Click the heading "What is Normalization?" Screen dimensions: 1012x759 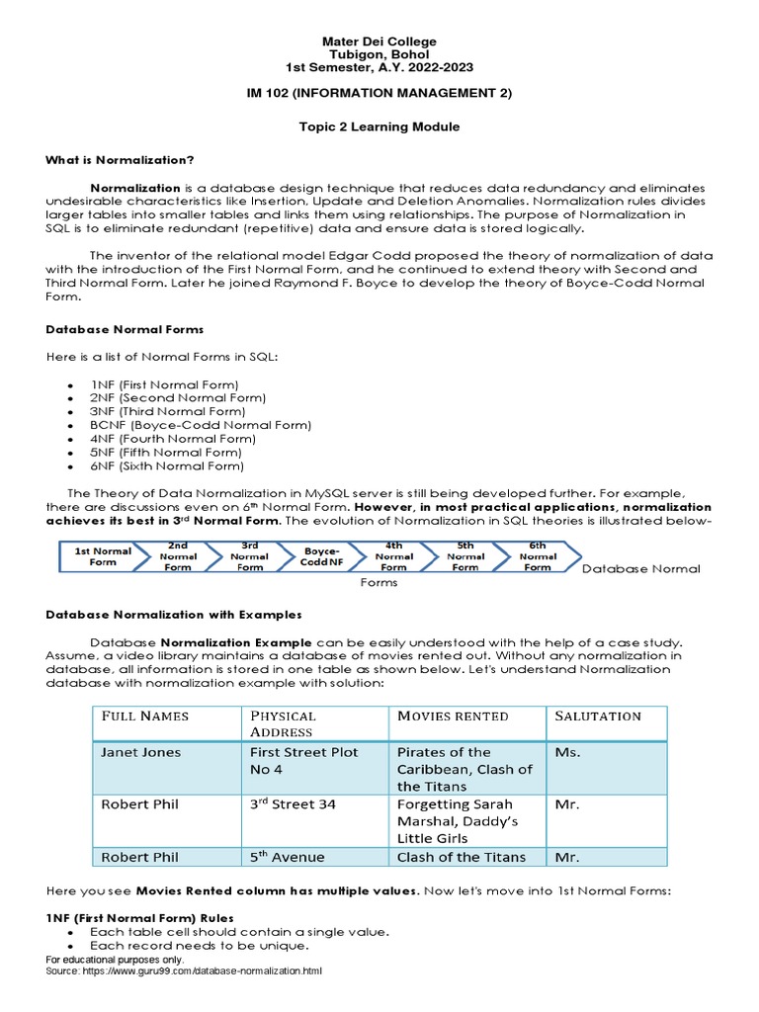[x=120, y=160]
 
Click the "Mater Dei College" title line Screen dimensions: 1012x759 [x=379, y=42]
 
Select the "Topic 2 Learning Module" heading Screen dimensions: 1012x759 [x=379, y=127]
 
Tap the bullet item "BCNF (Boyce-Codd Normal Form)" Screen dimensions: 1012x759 [x=201, y=425]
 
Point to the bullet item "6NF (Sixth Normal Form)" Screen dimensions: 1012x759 [x=167, y=465]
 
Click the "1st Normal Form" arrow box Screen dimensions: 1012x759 [x=102, y=556]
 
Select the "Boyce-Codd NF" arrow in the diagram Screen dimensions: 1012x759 [x=321, y=556]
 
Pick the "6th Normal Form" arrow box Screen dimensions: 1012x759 [x=537, y=556]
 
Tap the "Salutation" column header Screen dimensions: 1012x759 [x=598, y=717]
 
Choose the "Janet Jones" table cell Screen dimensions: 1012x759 [x=141, y=752]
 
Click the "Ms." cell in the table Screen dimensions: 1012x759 [x=567, y=752]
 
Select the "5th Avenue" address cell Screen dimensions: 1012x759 [x=288, y=857]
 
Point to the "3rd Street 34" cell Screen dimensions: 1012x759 [x=293, y=804]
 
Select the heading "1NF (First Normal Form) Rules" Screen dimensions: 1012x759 [x=139, y=918]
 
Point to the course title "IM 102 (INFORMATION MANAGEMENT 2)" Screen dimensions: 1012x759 [x=379, y=93]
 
